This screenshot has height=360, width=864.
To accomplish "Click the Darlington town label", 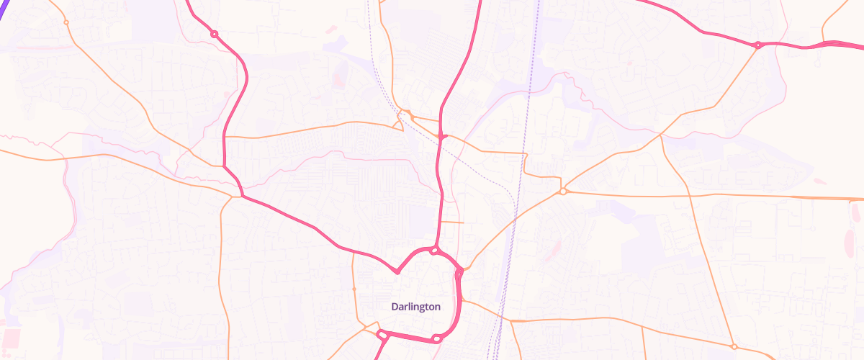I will coord(415,307).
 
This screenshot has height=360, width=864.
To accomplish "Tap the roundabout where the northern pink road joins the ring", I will coord(434,251).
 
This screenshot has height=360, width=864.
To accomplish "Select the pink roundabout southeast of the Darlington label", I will coord(436,338).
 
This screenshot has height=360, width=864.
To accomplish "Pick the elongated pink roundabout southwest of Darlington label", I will coord(383,334).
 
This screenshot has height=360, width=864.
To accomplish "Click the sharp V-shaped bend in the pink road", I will coord(397,272).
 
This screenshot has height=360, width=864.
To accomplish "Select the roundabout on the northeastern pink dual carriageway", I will coord(757,45).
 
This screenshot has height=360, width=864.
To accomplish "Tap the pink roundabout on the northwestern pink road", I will coord(214,34).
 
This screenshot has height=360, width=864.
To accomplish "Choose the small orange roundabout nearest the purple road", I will coord(66,22).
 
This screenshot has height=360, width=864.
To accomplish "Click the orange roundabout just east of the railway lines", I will coord(562,192).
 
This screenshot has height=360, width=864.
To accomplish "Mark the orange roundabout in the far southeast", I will coord(734,346).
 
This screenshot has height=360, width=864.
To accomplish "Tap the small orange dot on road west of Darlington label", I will coord(354,289).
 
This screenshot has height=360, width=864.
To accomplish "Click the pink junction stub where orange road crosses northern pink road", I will coord(441,135).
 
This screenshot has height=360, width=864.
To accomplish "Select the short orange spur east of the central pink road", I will coord(452,222).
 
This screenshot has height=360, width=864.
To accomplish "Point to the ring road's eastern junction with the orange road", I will coord(459,272).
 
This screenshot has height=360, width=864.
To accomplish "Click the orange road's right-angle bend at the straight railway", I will coord(525,153).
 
